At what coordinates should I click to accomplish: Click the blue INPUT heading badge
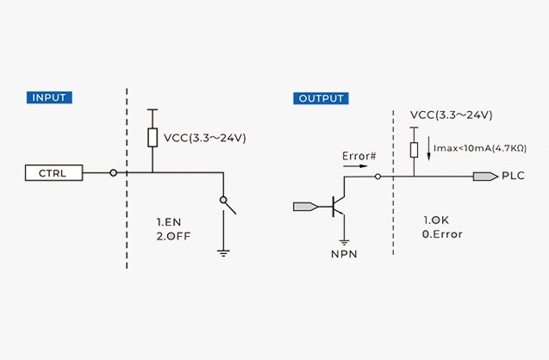(x=48, y=97)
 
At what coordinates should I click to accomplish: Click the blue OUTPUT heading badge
(x=321, y=98)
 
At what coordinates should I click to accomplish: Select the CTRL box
(x=53, y=173)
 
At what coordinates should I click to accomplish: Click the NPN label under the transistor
(x=344, y=254)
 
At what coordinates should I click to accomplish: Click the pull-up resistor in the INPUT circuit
(x=153, y=138)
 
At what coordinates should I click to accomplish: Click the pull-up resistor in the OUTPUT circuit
(x=414, y=150)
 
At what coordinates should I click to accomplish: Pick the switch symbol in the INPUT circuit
(x=228, y=203)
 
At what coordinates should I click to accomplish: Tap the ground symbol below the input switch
(x=223, y=252)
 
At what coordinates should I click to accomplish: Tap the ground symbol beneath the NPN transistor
(x=344, y=241)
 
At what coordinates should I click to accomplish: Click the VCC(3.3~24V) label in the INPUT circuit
(x=205, y=138)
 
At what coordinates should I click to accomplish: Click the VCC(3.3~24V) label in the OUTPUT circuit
(x=451, y=115)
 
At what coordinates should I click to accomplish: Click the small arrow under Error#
(x=356, y=166)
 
